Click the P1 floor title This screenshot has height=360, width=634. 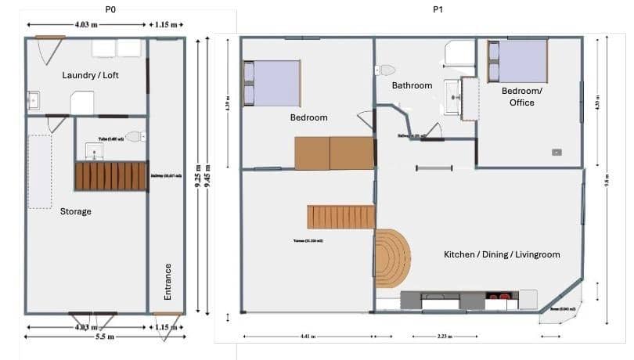tap(438, 9)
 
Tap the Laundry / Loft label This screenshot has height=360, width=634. tap(90, 75)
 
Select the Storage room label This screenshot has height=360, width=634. tap(76, 211)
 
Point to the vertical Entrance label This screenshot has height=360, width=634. tap(168, 281)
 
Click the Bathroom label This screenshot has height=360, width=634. tap(412, 85)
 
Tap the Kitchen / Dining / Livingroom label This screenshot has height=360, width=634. tap(502, 255)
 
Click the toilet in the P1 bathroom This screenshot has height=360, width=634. tap(387, 70)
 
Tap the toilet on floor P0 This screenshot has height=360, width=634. tap(134, 136)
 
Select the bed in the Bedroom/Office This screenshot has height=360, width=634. tap(517, 62)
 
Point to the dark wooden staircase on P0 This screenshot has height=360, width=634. tap(110, 176)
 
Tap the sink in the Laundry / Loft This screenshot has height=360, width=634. tap(34, 100)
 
